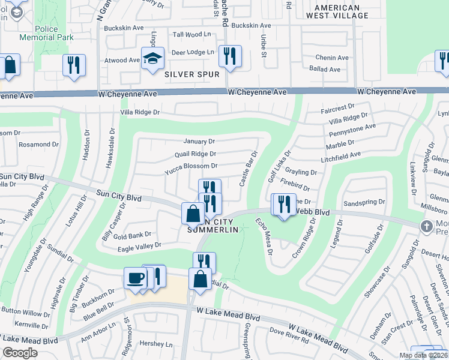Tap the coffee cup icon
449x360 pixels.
(x=135, y=278)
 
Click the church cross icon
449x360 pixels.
(x=426, y=226)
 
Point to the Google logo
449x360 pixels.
(x=19, y=353)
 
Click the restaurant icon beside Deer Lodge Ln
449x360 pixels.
(x=230, y=56)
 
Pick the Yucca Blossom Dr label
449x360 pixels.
(x=191, y=166)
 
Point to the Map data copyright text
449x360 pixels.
(x=423, y=355)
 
